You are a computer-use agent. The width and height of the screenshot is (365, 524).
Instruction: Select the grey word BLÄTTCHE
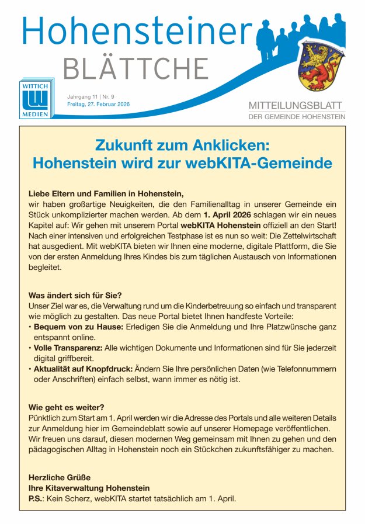[135, 69]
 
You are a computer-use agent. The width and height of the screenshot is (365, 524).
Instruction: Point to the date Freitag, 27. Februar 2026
[98, 104]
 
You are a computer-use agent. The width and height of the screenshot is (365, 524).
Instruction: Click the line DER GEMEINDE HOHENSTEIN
[296, 117]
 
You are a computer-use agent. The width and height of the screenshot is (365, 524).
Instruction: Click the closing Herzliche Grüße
[59, 477]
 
